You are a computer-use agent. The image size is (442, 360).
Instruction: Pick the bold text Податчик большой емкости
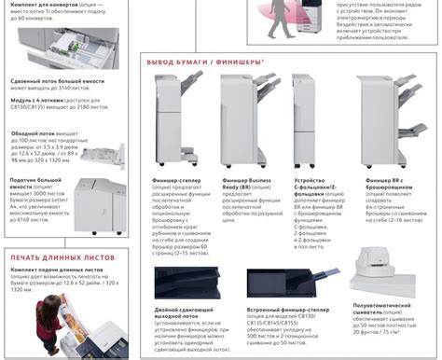35,179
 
